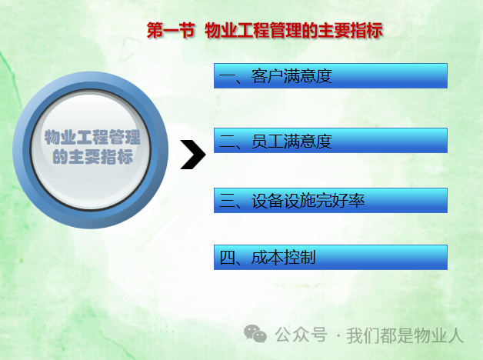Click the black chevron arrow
click(x=193, y=155)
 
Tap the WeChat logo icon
click(x=255, y=334)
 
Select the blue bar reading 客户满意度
click(x=331, y=75)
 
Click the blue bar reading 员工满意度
click(x=331, y=141)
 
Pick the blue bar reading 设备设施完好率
click(x=331, y=201)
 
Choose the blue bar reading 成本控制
click(x=331, y=258)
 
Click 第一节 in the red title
click(x=170, y=31)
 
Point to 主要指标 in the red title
click(x=350, y=31)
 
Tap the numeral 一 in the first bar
click(x=227, y=76)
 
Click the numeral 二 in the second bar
click(x=227, y=142)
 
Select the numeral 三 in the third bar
click(x=227, y=201)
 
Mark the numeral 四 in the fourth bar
click(x=227, y=258)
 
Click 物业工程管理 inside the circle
click(x=92, y=137)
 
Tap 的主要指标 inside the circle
click(x=93, y=156)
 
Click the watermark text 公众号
click(x=301, y=335)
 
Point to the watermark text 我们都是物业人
click(x=405, y=335)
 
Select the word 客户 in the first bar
click(x=267, y=76)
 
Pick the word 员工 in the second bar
click(x=267, y=141)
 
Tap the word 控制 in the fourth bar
click(x=300, y=258)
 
